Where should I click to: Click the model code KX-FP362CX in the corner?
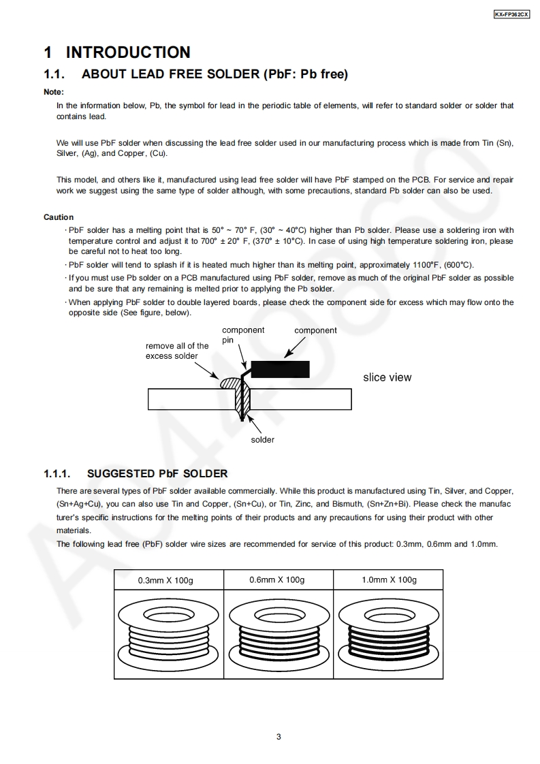[x=511, y=14]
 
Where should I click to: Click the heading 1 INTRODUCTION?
[x=117, y=52]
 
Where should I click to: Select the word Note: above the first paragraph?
[x=54, y=92]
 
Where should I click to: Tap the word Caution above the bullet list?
[x=59, y=217]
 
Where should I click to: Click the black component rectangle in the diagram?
[x=281, y=369]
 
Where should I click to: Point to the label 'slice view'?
[x=387, y=377]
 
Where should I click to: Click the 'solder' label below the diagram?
[x=262, y=440]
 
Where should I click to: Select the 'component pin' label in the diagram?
[x=234, y=335]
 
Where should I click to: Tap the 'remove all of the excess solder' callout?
[x=177, y=351]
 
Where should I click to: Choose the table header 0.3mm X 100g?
[x=165, y=580]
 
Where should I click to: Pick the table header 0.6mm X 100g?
[x=276, y=579]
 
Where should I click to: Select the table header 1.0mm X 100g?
[x=389, y=579]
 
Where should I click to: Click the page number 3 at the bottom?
[x=279, y=736]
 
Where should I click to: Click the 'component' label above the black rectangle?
[x=315, y=330]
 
